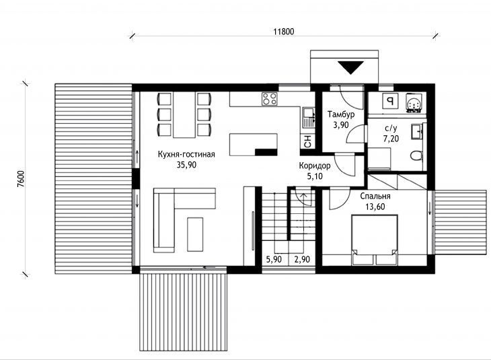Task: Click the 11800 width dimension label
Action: point(284,32)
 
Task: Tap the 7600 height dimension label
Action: point(20,179)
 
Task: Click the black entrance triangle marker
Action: point(350,67)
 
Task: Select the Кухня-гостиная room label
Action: point(186,154)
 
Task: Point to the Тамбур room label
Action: point(341,114)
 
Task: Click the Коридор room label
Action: point(314,165)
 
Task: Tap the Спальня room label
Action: point(375,196)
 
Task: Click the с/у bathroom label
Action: point(391,128)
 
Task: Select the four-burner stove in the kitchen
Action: point(270,99)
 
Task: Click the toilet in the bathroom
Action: point(416,155)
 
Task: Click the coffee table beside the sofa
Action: point(195,234)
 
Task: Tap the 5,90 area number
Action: point(274,260)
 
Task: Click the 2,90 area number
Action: point(302,260)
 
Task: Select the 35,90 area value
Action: point(186,165)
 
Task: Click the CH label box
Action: point(308,141)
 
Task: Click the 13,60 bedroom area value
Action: point(375,207)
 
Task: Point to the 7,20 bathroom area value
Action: point(391,139)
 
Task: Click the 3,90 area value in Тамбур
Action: point(341,125)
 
